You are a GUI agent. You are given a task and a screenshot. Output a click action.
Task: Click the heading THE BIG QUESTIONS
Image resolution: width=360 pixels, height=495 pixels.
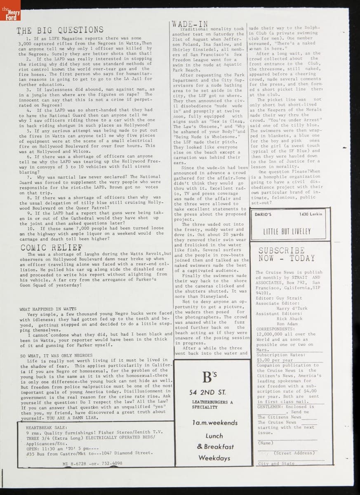60,30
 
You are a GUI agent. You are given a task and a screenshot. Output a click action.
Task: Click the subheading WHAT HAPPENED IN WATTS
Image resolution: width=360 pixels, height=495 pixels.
48,309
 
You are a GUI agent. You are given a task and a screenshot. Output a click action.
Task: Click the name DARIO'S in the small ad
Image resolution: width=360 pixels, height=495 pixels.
263,214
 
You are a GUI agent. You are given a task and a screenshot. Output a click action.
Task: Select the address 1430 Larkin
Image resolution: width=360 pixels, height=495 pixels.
311,214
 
